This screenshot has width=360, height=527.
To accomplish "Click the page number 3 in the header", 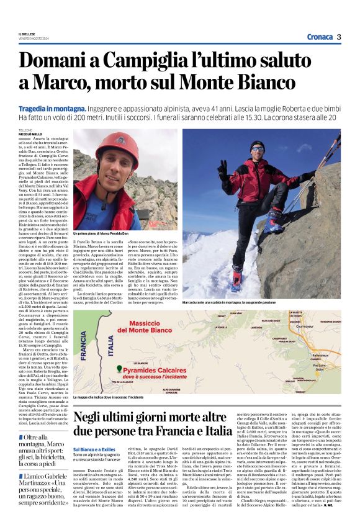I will coord(339,37).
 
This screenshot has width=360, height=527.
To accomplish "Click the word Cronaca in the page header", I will coord(316,37).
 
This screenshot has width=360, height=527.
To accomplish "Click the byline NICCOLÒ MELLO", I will coord(31,133).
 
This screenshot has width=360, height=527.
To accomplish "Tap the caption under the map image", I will coord(108,396).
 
